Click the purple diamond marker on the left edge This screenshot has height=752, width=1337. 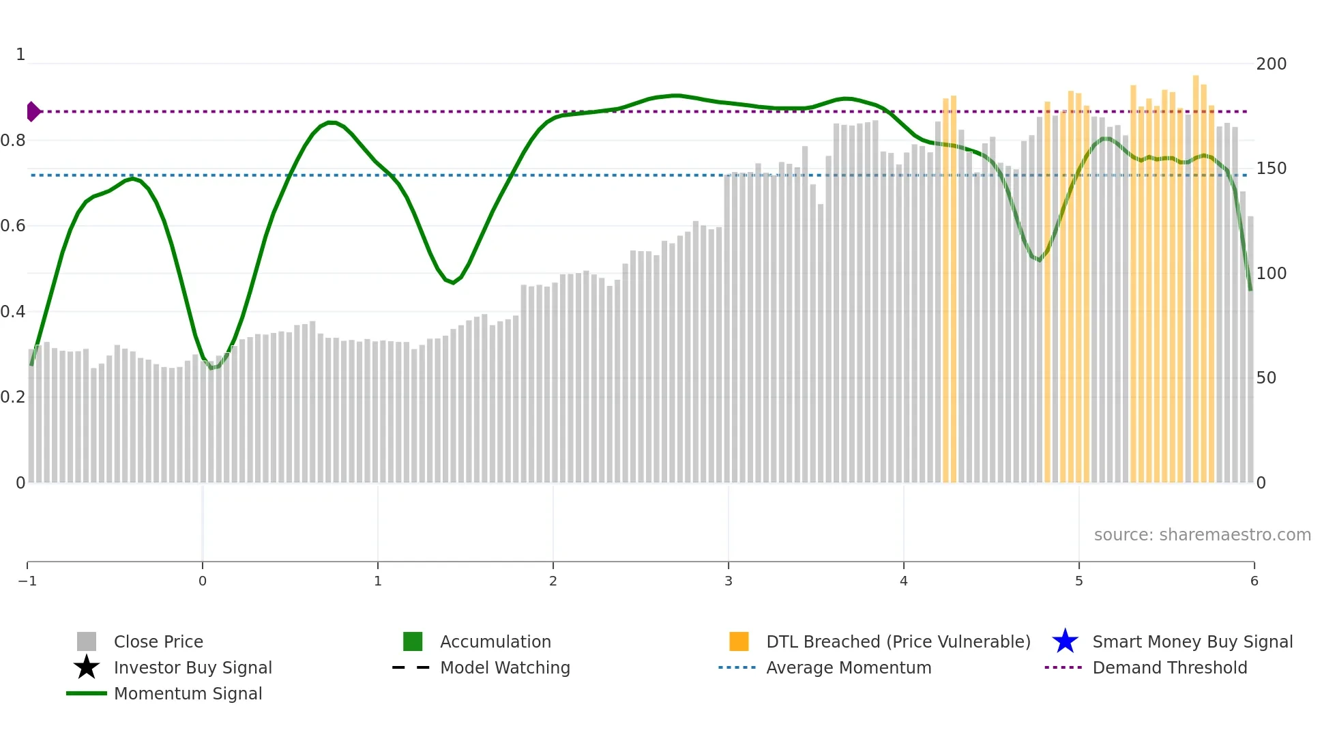(33, 111)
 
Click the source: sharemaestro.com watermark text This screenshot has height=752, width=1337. (1202, 535)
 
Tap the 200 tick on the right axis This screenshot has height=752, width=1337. (1271, 64)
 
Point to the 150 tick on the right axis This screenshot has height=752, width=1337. (1271, 169)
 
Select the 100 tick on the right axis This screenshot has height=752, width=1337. (1271, 274)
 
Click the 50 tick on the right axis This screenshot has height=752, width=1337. (1266, 378)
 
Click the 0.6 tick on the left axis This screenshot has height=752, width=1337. (13, 226)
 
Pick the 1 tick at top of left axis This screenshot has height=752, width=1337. (20, 55)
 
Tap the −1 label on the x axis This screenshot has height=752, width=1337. (27, 581)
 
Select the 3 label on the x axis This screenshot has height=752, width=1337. (729, 581)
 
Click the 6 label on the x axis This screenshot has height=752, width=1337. (1254, 581)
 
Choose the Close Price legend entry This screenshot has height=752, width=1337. (158, 642)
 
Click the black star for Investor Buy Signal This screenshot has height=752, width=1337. (87, 667)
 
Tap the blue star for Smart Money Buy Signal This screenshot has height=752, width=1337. (1065, 641)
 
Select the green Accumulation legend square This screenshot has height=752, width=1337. (413, 641)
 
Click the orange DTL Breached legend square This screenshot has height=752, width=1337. (739, 641)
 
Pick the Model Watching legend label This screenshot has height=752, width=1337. (505, 668)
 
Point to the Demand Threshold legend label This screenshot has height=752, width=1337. (1169, 668)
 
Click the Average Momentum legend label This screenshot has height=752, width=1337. (849, 668)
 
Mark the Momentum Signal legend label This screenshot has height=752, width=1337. (188, 694)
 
